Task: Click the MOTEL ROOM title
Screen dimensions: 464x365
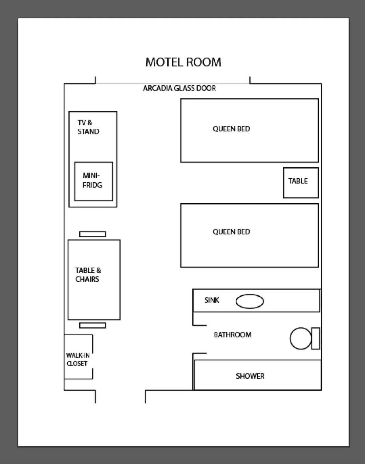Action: pyautogui.click(x=183, y=62)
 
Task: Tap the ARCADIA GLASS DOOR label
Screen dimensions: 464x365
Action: pyautogui.click(x=179, y=88)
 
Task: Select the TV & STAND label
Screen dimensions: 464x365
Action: pyautogui.click(x=88, y=127)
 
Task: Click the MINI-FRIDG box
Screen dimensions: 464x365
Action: pyautogui.click(x=93, y=181)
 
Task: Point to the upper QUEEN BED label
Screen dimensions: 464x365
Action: pyautogui.click(x=231, y=129)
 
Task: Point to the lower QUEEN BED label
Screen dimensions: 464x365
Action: pyautogui.click(x=231, y=232)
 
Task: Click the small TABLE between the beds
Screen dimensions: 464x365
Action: pyautogui.click(x=301, y=183)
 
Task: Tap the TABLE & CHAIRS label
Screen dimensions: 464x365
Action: pyautogui.click(x=88, y=275)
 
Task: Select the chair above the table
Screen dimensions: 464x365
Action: pyautogui.click(x=92, y=234)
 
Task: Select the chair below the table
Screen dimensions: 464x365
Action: pyautogui.click(x=92, y=325)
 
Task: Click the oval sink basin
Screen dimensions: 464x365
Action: pyautogui.click(x=250, y=301)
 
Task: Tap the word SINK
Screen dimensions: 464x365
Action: pyautogui.click(x=212, y=300)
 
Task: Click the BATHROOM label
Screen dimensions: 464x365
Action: pyautogui.click(x=233, y=335)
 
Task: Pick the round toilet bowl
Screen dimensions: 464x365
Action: pyautogui.click(x=300, y=338)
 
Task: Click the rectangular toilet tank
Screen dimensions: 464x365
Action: pyautogui.click(x=316, y=338)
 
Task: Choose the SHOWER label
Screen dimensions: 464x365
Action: pyautogui.click(x=250, y=376)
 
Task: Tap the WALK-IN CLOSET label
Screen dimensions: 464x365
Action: pyautogui.click(x=78, y=359)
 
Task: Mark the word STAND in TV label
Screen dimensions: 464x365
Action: pyautogui.click(x=88, y=132)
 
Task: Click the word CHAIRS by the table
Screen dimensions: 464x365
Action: pyautogui.click(x=87, y=279)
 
